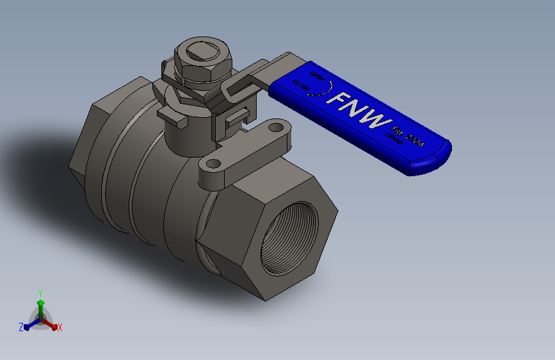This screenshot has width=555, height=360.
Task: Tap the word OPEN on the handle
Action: [x=316, y=76]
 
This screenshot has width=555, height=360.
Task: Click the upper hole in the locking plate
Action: [x=275, y=129]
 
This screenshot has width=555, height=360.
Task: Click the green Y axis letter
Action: [x=40, y=291]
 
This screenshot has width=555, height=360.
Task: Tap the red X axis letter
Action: [x=60, y=328]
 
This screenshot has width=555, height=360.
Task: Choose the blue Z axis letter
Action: [x=21, y=327]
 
